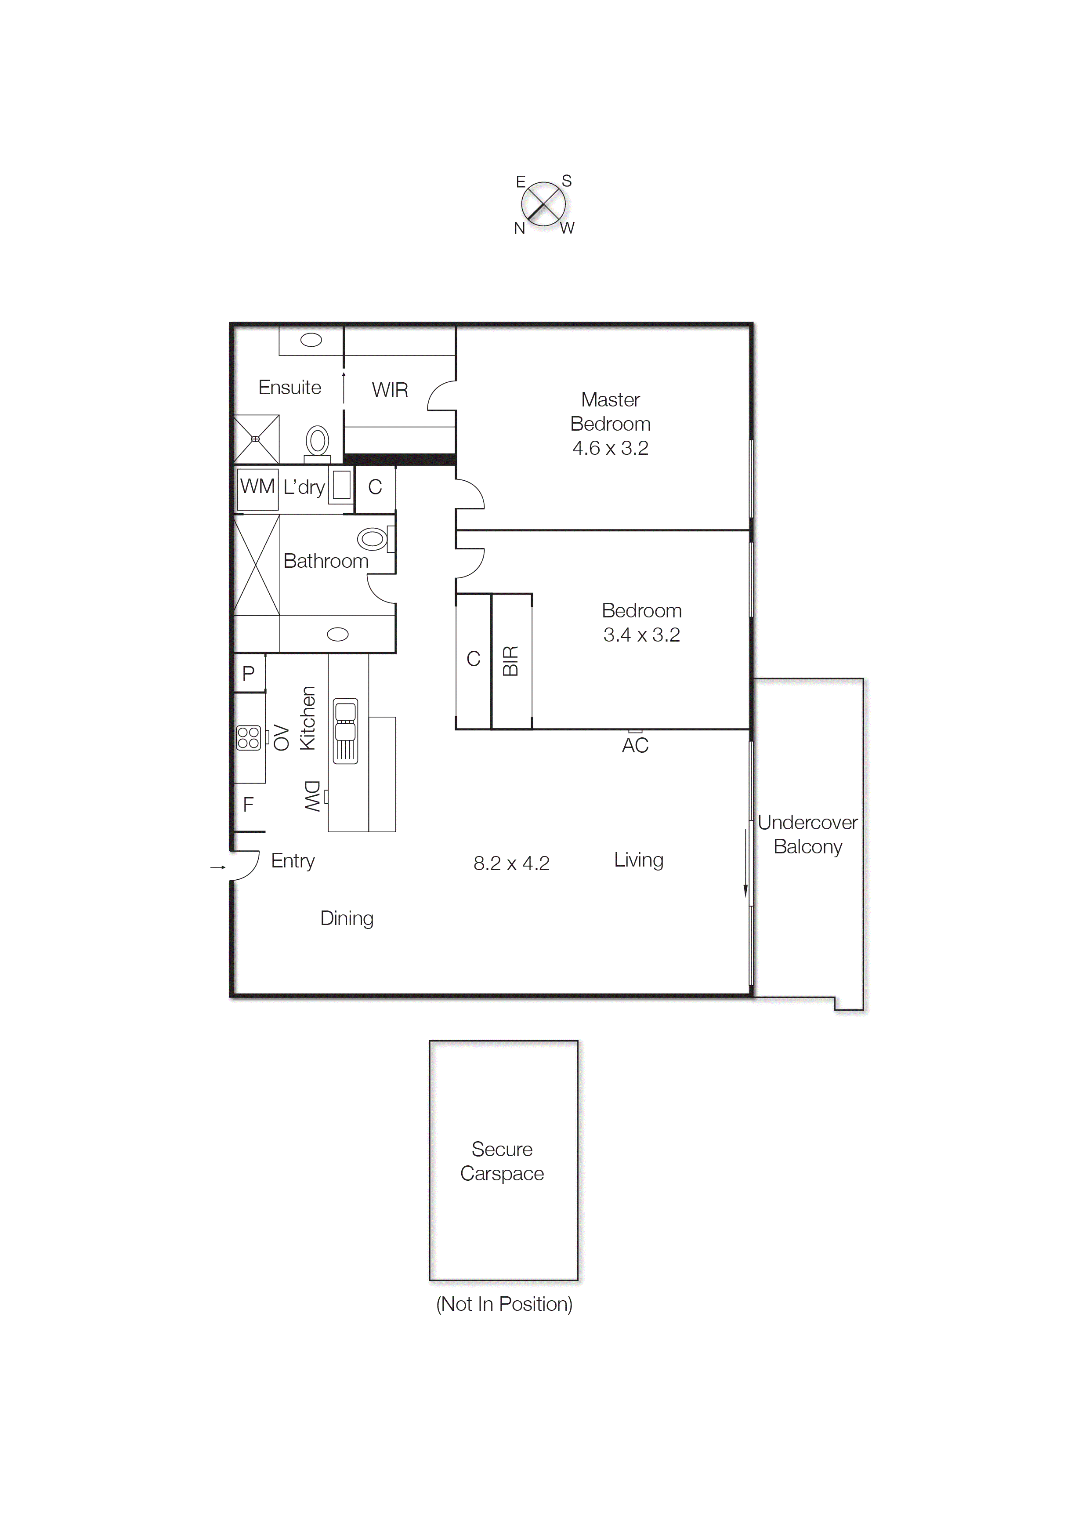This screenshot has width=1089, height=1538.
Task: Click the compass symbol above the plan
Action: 543,204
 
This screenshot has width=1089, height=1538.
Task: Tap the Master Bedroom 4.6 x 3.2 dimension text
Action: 610,448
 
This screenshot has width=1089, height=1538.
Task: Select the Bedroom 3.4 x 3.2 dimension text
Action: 642,635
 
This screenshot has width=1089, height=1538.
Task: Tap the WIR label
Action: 390,390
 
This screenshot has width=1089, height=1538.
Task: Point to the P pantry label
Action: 248,673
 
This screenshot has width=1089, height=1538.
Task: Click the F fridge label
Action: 248,804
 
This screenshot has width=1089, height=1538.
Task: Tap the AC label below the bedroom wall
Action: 635,745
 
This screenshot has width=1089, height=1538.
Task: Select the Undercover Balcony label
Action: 807,834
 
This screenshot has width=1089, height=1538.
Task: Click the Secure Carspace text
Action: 502,1161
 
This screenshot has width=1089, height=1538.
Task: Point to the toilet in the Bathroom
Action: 373,539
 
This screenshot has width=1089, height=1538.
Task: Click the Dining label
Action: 347,918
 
